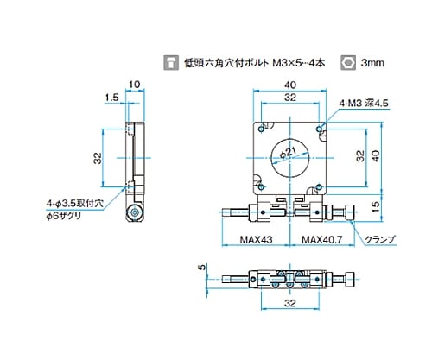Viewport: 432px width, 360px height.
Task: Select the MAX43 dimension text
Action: point(256,239)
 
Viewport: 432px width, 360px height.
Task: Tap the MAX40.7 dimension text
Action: point(322,239)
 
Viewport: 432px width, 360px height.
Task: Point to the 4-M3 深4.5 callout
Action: point(364,103)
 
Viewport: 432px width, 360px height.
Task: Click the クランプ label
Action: point(380,239)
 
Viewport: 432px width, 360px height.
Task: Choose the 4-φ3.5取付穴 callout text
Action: point(74,204)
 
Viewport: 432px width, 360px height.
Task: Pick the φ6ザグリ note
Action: point(64,216)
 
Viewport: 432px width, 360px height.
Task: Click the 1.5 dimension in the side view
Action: point(111,98)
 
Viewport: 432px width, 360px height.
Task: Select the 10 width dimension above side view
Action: point(134,85)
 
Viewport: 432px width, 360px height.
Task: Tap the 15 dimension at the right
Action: point(375,206)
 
